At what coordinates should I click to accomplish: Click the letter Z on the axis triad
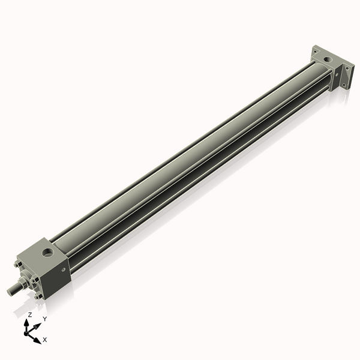tap(30, 314)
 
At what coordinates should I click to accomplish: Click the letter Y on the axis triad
tap(44, 319)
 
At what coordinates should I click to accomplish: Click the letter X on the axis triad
tap(45, 340)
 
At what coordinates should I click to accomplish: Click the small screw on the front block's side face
tap(63, 271)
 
